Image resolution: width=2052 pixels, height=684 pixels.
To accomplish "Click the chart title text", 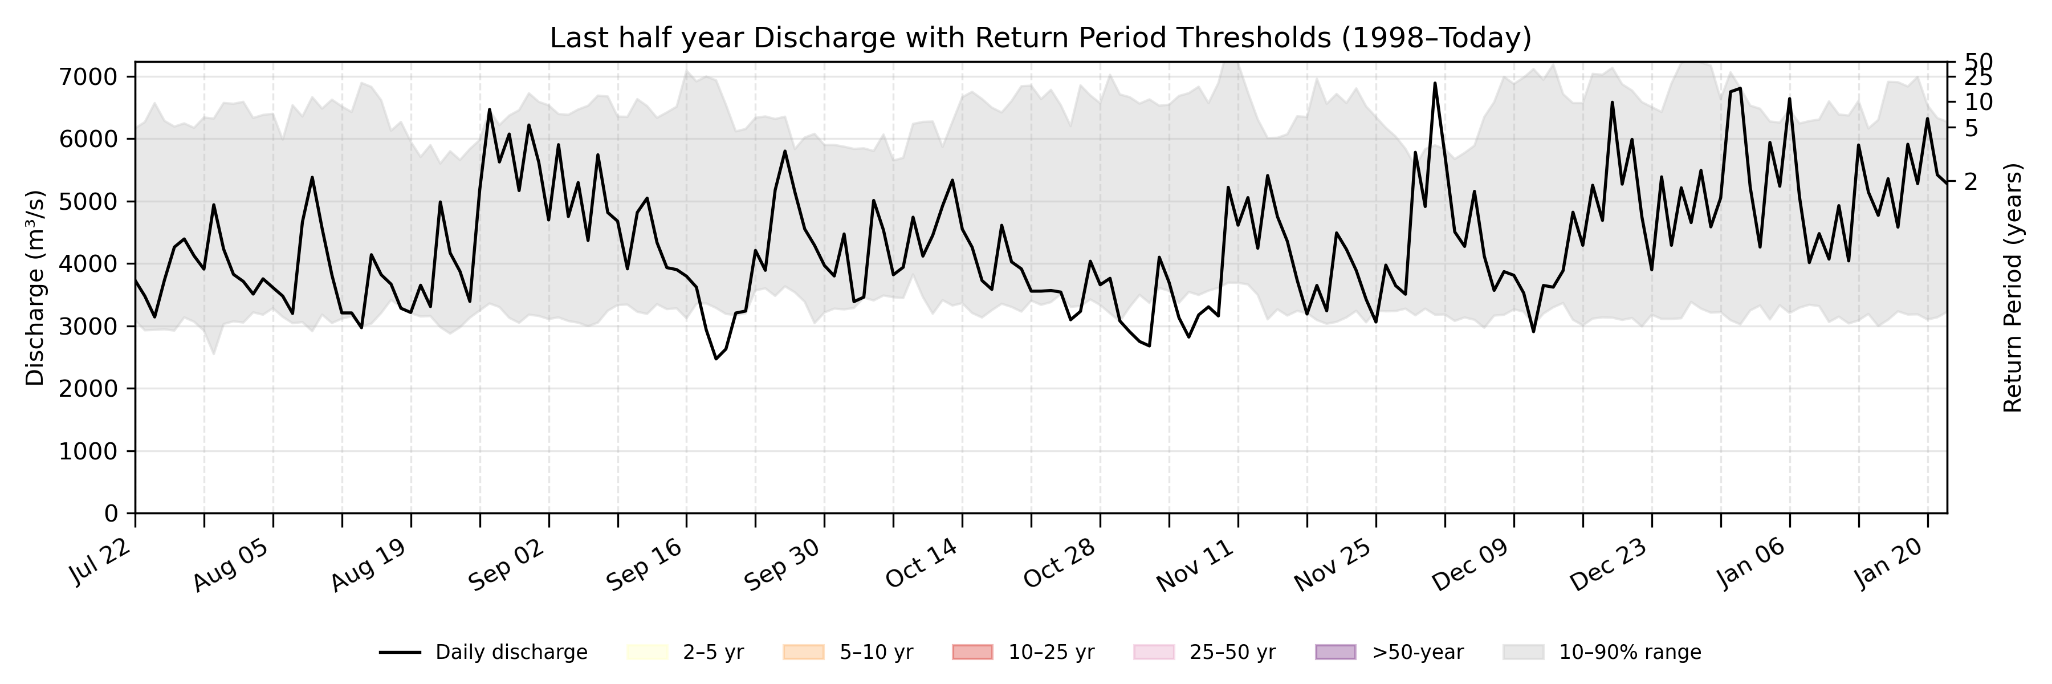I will pos(1040,38).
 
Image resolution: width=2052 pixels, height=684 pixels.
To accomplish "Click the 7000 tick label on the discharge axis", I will pos(88,78).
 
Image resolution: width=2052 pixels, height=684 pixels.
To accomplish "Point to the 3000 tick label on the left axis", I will pos(88,327).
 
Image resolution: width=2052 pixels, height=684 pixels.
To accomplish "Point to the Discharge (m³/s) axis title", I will pos(35,287).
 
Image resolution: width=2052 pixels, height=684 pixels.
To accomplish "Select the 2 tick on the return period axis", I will pos(1970,182).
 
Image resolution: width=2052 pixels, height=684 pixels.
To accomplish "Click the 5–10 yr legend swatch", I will pos(803,652).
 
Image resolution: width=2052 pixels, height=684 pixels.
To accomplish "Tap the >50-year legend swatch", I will pos(1334,652).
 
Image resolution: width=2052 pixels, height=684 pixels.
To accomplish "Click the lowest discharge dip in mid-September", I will pos(716,359).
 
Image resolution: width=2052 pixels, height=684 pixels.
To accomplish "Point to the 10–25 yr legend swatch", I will pos(972,652).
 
